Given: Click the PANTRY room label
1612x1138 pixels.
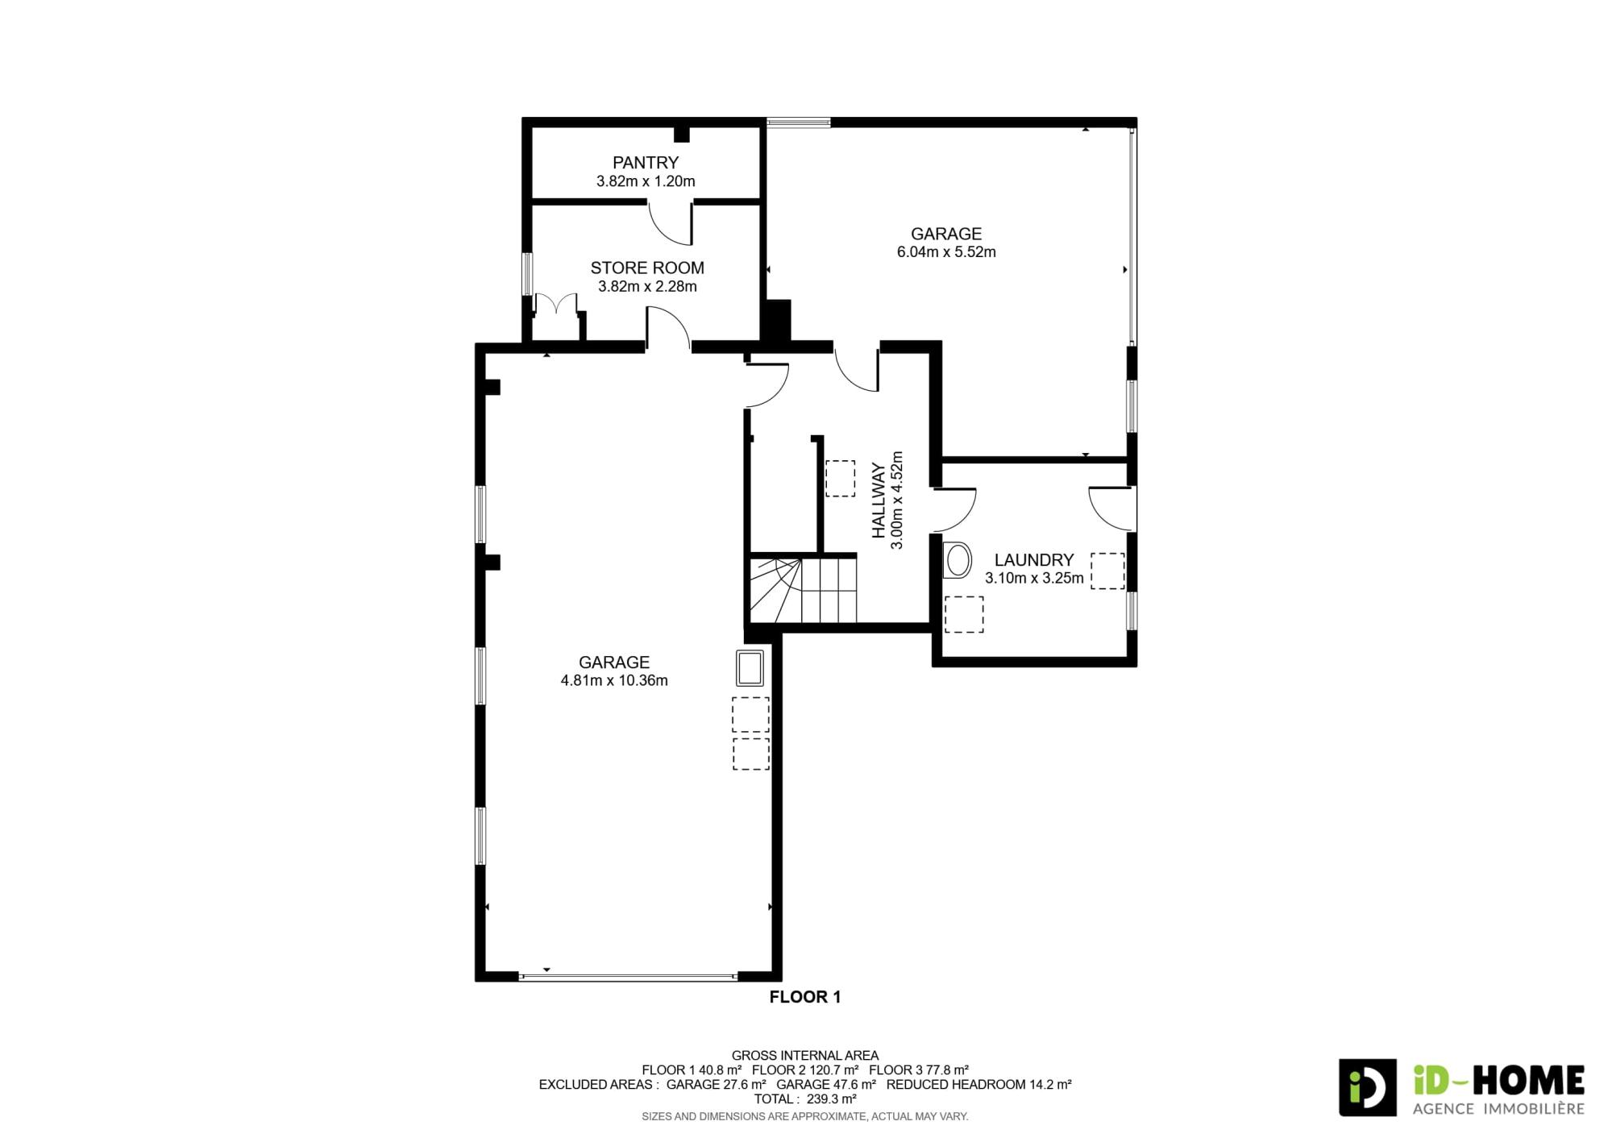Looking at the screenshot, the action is (x=646, y=163).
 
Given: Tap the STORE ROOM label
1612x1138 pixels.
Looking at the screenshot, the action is (x=647, y=268).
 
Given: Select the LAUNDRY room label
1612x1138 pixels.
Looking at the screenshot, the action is (x=1034, y=560).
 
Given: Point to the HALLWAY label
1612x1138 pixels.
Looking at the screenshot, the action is (x=879, y=500).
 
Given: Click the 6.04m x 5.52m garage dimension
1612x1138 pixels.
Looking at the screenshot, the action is (x=946, y=252).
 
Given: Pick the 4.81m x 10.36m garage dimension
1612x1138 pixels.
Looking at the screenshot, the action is (x=614, y=680).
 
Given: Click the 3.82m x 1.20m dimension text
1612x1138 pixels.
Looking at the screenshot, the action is (x=646, y=181).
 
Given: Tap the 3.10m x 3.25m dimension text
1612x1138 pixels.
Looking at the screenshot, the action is (x=1034, y=578).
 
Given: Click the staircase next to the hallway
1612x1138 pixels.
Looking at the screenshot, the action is (x=803, y=591).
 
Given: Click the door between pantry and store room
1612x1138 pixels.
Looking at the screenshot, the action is (x=671, y=223).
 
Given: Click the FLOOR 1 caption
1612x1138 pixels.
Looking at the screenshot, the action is (x=805, y=997).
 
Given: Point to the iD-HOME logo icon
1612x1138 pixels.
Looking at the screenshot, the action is (x=1368, y=1087).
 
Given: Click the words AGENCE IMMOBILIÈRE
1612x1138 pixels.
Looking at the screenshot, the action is (x=1499, y=1109).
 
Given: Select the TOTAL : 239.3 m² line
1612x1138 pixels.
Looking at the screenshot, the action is (x=805, y=1099).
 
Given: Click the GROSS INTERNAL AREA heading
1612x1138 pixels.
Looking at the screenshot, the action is (x=805, y=1055).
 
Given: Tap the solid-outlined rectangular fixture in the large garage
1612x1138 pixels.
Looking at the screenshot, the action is (x=750, y=667).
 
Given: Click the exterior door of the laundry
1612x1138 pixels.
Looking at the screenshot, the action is (x=1113, y=509).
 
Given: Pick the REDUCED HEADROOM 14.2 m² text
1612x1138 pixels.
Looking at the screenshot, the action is (x=979, y=1084).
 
